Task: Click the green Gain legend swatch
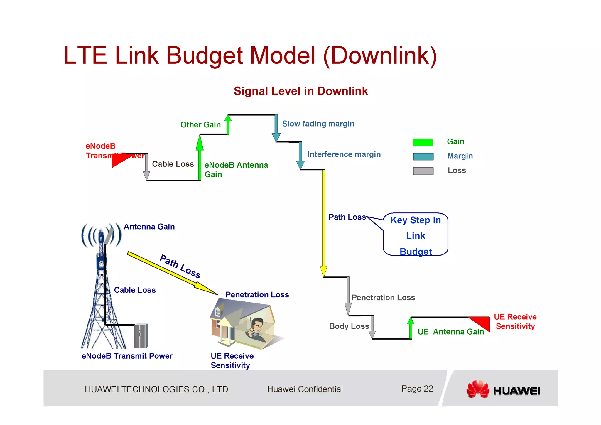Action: (x=423, y=142)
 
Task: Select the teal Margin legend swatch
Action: (x=423, y=157)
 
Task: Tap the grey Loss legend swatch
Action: (x=423, y=171)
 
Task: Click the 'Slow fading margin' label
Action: (x=318, y=124)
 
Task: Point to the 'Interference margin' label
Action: (x=344, y=154)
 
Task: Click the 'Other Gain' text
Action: (x=200, y=125)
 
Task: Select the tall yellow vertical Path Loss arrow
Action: (x=324, y=223)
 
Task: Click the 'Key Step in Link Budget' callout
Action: (x=416, y=235)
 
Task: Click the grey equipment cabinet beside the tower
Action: (x=141, y=336)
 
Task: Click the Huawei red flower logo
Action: (x=478, y=389)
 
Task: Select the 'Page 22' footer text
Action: (x=417, y=389)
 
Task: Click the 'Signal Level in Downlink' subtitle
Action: (x=300, y=91)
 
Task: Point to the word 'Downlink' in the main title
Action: (x=380, y=56)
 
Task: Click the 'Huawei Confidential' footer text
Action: (x=305, y=389)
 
